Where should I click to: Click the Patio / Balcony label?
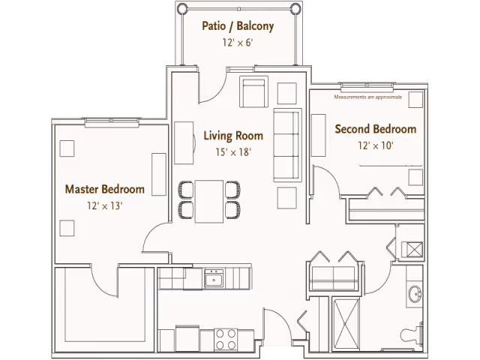(238, 26)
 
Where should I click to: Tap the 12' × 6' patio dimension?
(238, 43)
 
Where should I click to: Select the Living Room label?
(233, 136)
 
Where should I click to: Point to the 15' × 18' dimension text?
(233, 151)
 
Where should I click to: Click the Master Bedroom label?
(105, 189)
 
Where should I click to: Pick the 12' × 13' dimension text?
(105, 205)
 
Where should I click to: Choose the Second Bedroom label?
(376, 129)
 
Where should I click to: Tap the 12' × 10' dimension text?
(376, 145)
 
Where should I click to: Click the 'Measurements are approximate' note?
(368, 97)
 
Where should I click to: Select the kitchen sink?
(214, 278)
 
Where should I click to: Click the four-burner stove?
(226, 339)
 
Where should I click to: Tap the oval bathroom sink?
(415, 294)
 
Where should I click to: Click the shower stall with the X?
(346, 325)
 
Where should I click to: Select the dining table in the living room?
(209, 202)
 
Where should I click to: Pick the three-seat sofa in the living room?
(286, 145)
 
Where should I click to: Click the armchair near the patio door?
(253, 91)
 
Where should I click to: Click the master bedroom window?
(112, 122)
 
